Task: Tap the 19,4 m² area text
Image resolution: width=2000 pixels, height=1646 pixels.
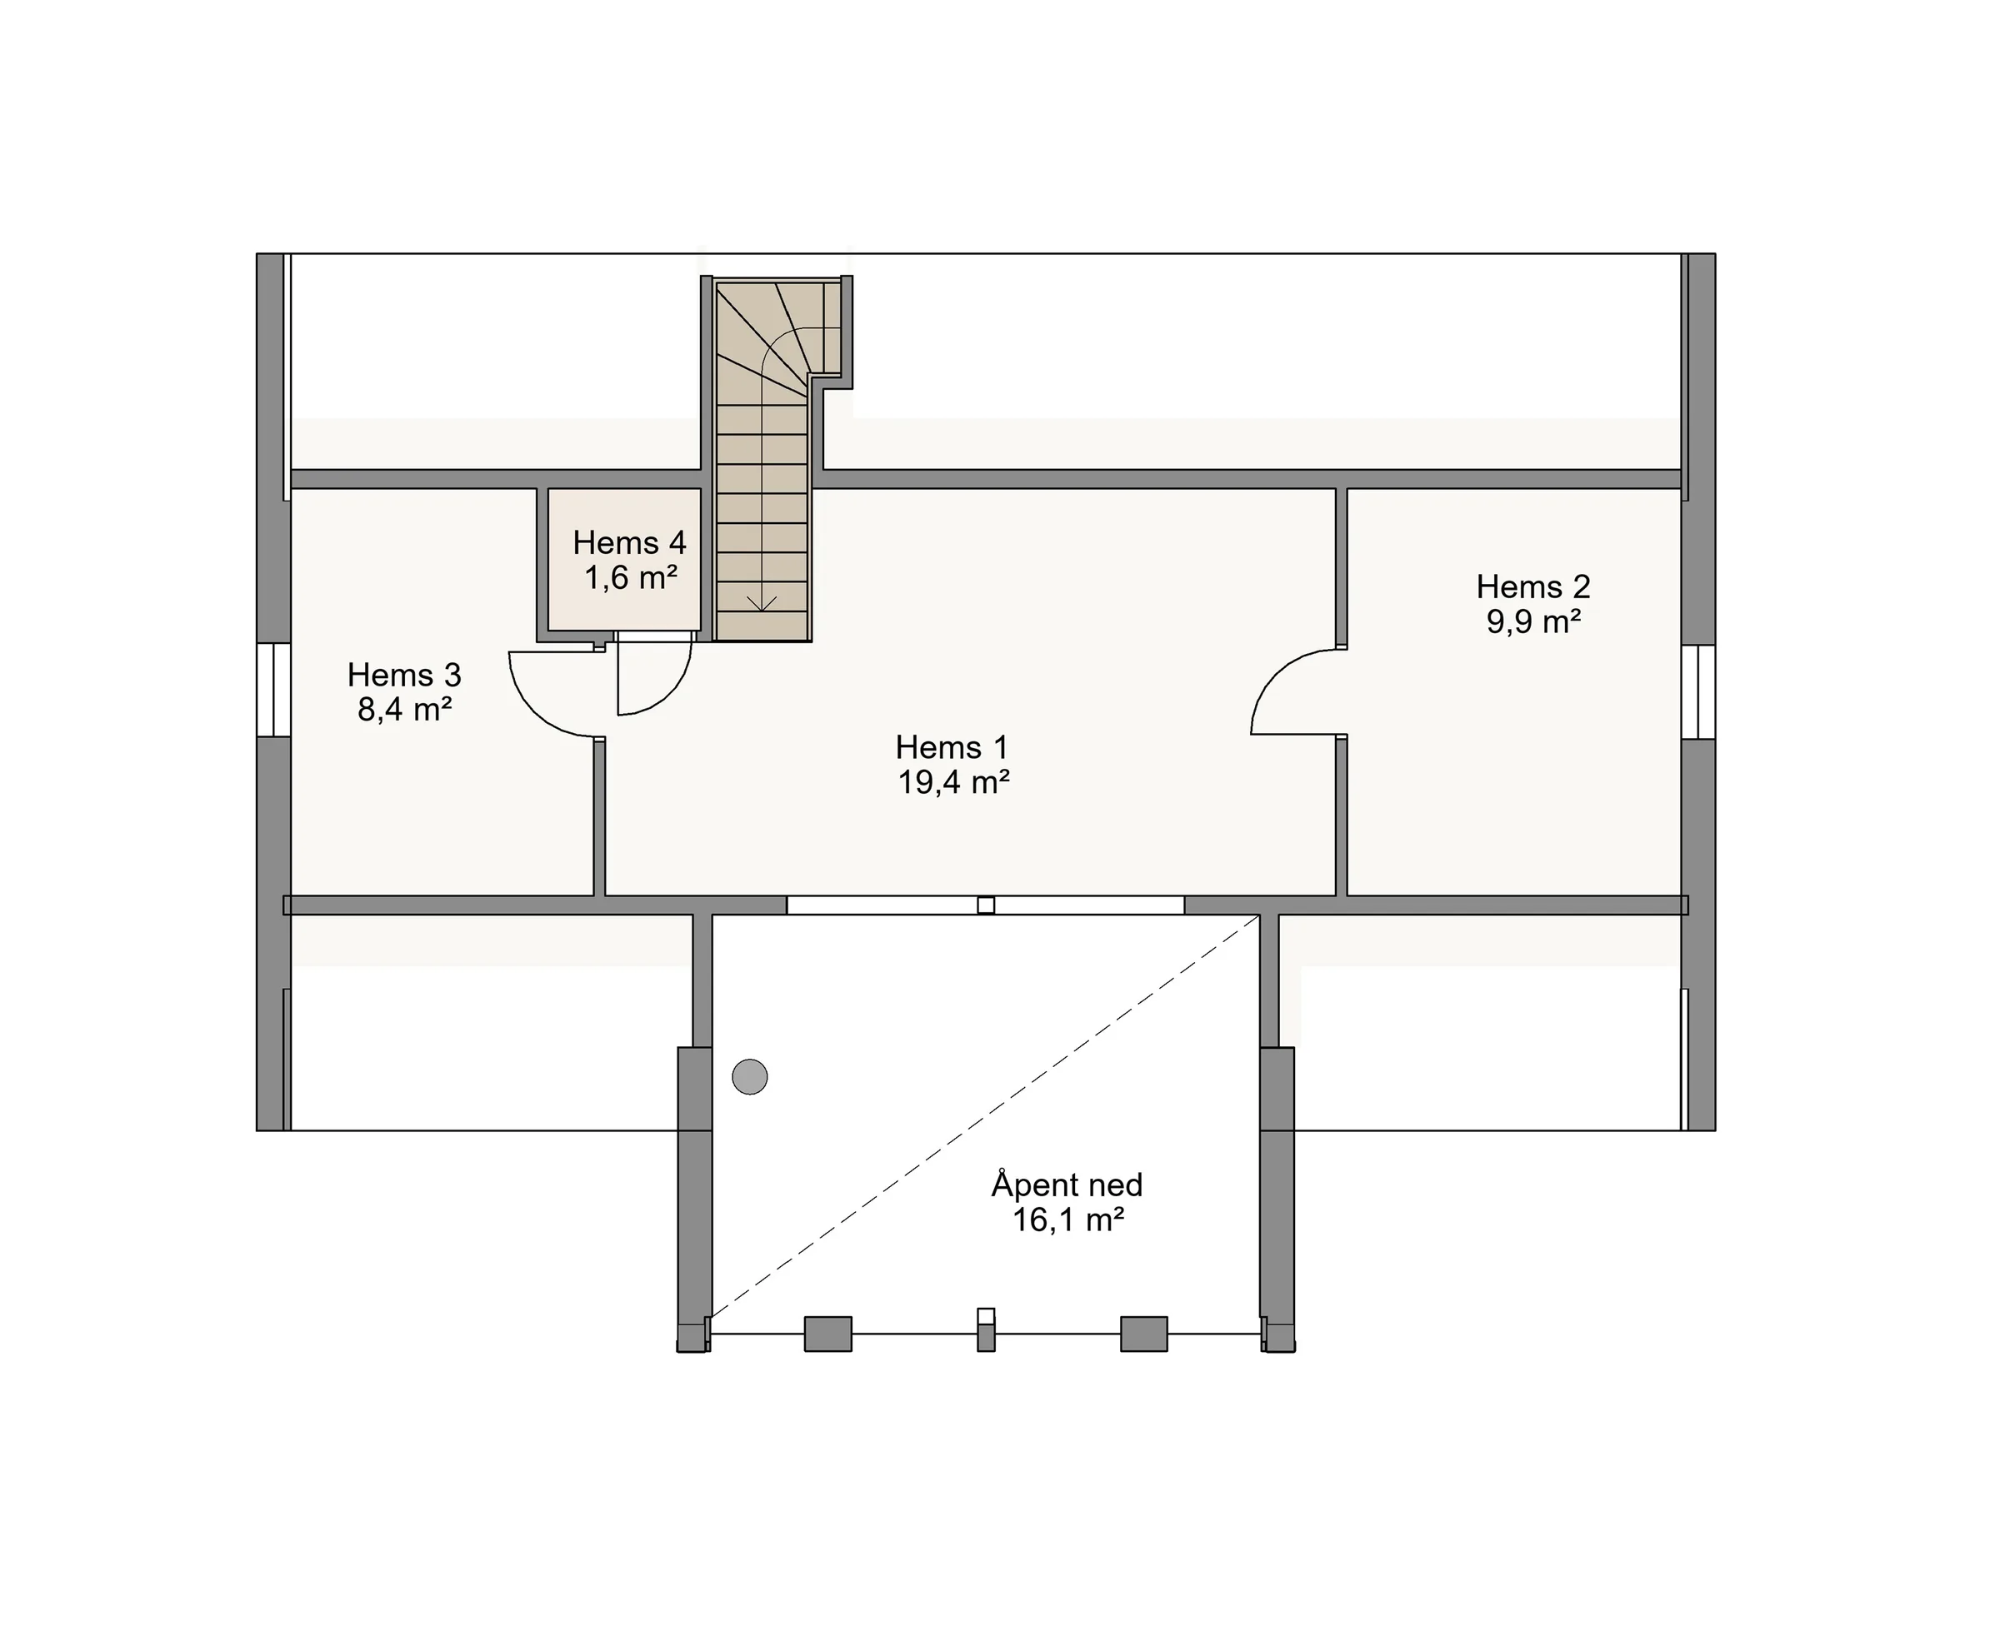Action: tap(953, 782)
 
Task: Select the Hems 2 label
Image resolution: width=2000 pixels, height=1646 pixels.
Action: tap(1532, 587)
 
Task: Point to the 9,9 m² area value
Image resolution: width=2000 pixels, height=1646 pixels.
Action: tap(1532, 622)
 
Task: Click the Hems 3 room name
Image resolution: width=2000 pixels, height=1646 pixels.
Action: tap(404, 675)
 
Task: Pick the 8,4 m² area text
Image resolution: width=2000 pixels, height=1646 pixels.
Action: tap(404, 709)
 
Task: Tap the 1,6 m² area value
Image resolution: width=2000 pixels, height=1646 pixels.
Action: tap(630, 577)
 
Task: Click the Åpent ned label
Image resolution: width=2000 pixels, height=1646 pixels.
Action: tap(1067, 1185)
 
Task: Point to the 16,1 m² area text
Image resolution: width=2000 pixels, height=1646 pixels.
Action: tap(1067, 1220)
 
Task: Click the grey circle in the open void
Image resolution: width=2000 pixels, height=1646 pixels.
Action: tap(749, 1076)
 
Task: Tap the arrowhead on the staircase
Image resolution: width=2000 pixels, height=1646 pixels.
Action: tap(762, 603)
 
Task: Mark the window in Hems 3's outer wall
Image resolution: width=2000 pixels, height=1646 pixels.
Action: tap(274, 691)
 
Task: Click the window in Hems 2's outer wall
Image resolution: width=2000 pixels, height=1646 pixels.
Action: tap(1698, 691)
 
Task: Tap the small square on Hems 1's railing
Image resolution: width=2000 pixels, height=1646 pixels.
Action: tap(985, 905)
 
